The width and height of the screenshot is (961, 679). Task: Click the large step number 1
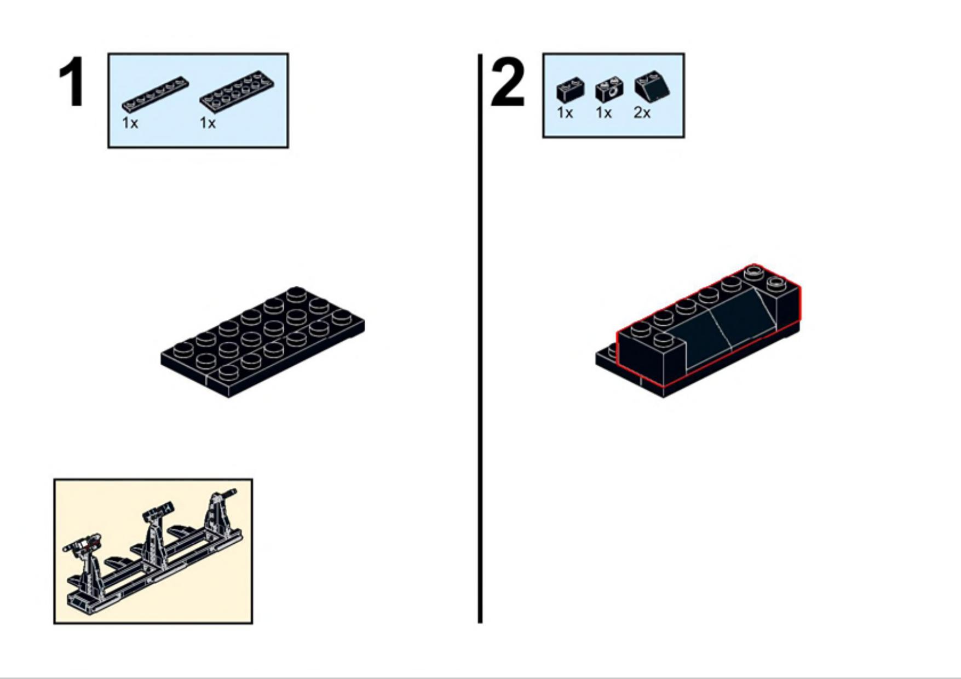[72, 82]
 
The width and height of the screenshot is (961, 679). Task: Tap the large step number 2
[508, 82]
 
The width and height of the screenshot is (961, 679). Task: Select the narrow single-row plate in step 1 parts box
[156, 94]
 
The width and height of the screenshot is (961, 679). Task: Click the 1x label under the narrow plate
[130, 123]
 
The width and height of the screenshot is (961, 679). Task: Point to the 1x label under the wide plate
[208, 123]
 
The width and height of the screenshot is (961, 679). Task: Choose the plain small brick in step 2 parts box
[571, 90]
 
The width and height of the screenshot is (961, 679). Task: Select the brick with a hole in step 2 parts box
[609, 90]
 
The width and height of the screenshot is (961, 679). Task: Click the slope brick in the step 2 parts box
[652, 87]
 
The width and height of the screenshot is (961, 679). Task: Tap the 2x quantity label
[642, 113]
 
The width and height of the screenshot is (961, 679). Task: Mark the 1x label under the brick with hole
[603, 113]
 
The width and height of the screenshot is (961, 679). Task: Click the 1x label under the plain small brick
[565, 113]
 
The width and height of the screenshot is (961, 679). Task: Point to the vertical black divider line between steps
[480, 338]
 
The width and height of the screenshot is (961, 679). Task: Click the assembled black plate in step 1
[263, 342]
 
